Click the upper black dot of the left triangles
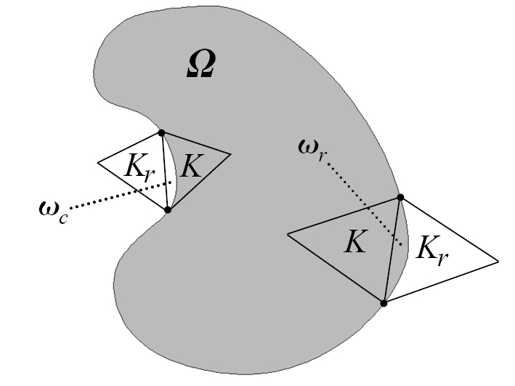[161, 133]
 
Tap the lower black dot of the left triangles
[168, 209]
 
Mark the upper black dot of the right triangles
[400, 198]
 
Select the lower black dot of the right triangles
[384, 302]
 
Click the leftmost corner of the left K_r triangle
[99, 162]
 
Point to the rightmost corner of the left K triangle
[230, 154]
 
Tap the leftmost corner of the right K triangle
[288, 234]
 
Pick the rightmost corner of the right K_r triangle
[498, 260]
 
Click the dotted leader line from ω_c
[116, 195]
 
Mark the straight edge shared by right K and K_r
[392, 249]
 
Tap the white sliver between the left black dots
[171, 174]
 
